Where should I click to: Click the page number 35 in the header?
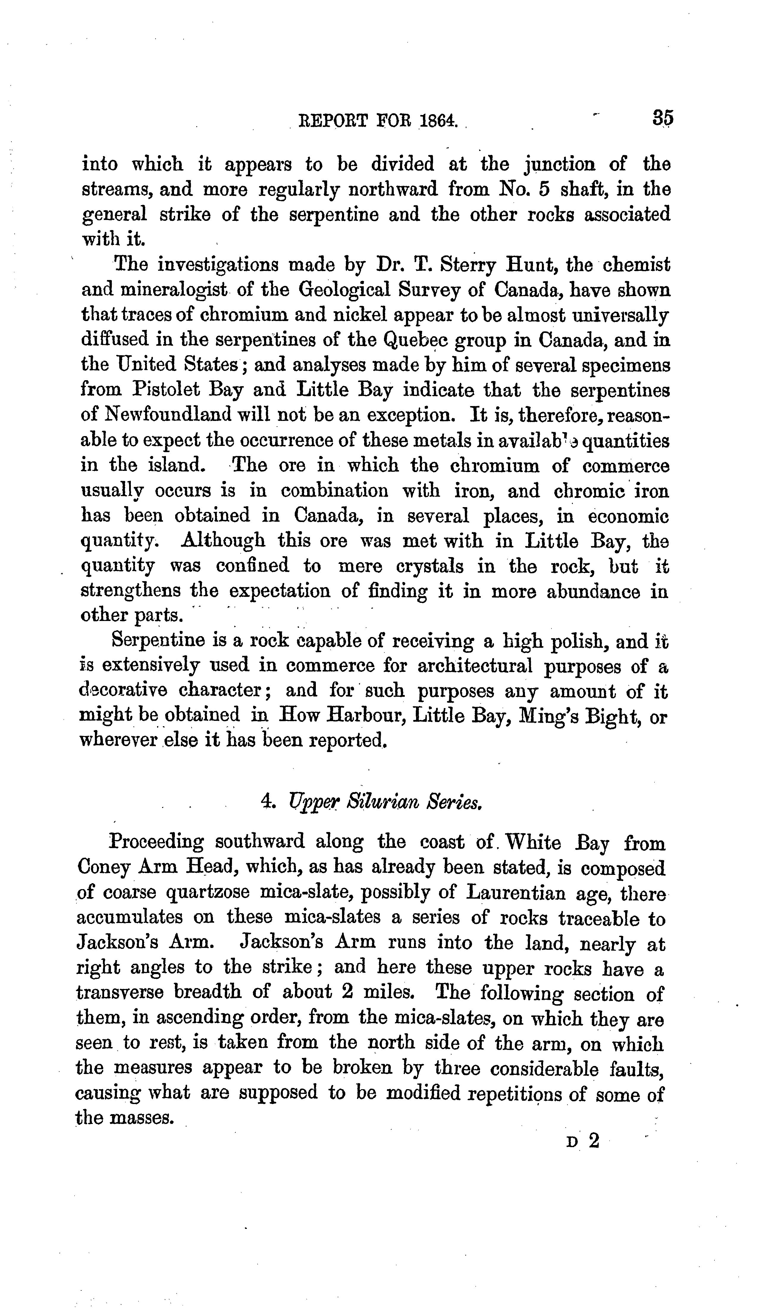pyautogui.click(x=663, y=118)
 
